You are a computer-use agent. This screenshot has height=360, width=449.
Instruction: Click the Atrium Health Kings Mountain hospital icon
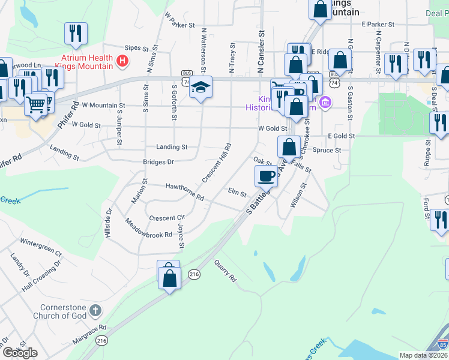[x=123, y=61]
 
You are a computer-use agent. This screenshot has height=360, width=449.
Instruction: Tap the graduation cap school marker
[x=201, y=88]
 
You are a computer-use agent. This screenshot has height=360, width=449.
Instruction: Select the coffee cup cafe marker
[x=266, y=175]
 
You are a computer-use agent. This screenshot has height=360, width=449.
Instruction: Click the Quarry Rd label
[x=225, y=271]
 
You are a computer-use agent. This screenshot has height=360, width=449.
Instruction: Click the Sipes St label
[x=136, y=47]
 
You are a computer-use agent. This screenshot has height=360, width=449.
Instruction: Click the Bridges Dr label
[x=158, y=162]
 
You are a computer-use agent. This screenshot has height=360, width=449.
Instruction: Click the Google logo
[x=20, y=353]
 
